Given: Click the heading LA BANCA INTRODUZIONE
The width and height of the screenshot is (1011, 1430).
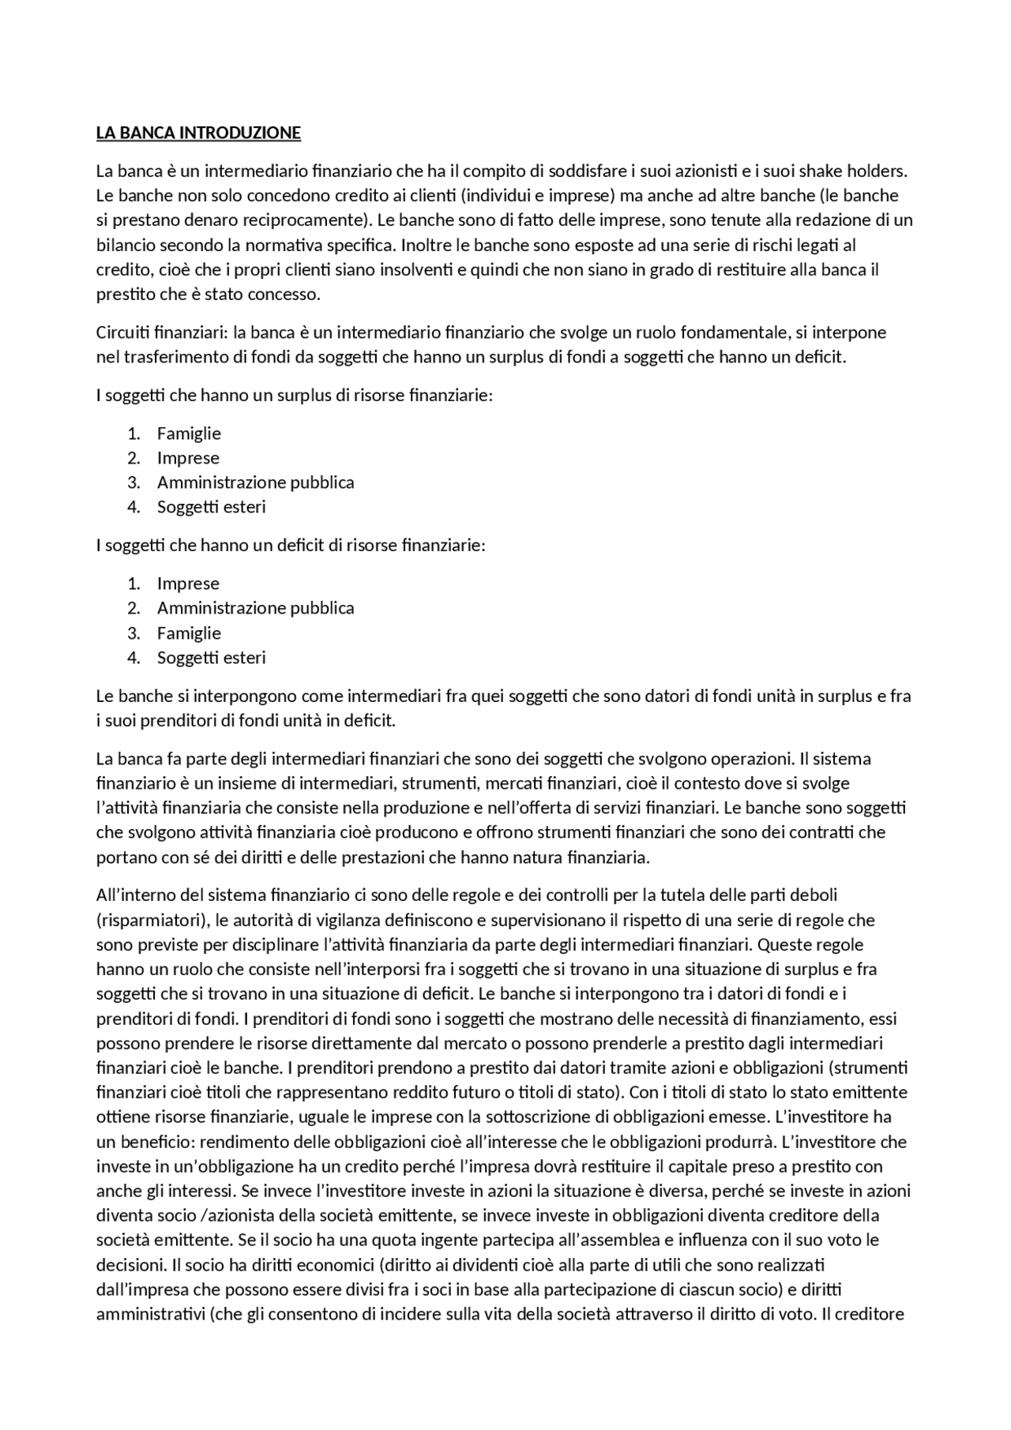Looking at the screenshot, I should click(198, 133).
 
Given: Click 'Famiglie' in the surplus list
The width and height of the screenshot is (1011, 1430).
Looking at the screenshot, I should click(189, 434).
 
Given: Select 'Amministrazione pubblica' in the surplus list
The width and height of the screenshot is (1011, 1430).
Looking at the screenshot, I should click(255, 482).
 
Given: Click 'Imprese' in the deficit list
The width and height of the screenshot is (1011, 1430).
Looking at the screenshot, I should click(188, 584).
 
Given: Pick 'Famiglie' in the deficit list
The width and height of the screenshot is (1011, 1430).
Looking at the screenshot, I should click(189, 633).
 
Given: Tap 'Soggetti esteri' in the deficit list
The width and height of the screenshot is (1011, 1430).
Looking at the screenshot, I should click(211, 658).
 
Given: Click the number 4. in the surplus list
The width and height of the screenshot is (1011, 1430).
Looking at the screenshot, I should click(133, 507).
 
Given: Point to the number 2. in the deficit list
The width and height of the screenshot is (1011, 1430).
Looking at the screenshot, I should click(133, 608).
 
